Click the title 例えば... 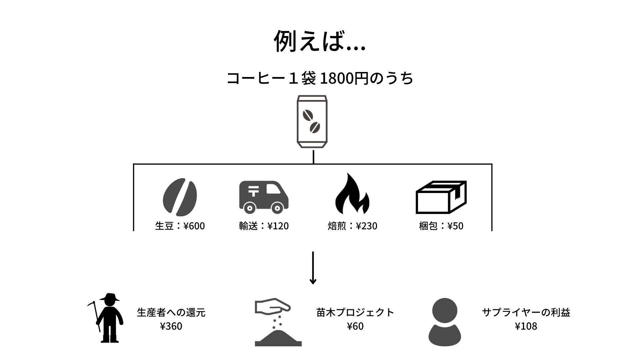(x=319, y=42)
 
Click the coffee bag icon (x=312, y=122)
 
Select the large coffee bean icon (x=180, y=197)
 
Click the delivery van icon (x=264, y=197)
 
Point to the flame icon (x=352, y=194)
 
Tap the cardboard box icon (x=441, y=197)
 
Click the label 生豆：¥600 (x=180, y=226)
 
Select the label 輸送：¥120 (x=264, y=226)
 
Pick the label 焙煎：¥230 (x=352, y=226)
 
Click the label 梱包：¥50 (x=441, y=226)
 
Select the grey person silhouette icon (x=444, y=322)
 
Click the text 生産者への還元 (x=171, y=313)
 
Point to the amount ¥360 (x=171, y=326)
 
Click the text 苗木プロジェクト (x=355, y=313)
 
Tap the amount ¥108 (x=526, y=326)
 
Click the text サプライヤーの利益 (x=526, y=313)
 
